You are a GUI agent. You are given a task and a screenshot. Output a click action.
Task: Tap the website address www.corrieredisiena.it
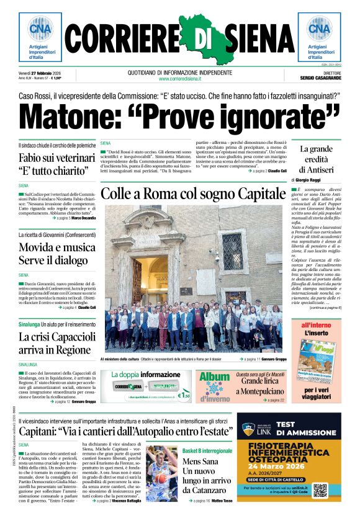coord(180,79)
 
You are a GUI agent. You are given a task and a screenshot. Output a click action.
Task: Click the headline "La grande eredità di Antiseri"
coord(316,159)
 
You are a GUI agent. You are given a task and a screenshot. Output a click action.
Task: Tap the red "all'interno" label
coord(317,325)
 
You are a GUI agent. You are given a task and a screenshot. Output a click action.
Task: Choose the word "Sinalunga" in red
coord(29,324)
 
